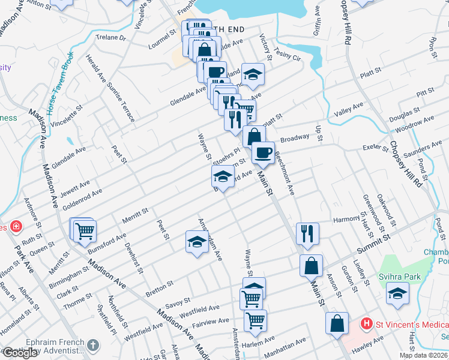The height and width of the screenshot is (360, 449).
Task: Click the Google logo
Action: pos(20,353)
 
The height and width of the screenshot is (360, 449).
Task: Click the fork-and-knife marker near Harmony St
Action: pos(307,232)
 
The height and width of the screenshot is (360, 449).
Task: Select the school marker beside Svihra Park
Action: pos(397,292)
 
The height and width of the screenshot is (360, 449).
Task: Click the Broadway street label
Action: pos(294,137)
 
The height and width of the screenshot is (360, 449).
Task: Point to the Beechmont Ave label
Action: pos(284,172)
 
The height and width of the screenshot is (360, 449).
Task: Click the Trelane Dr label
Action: pos(110,37)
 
